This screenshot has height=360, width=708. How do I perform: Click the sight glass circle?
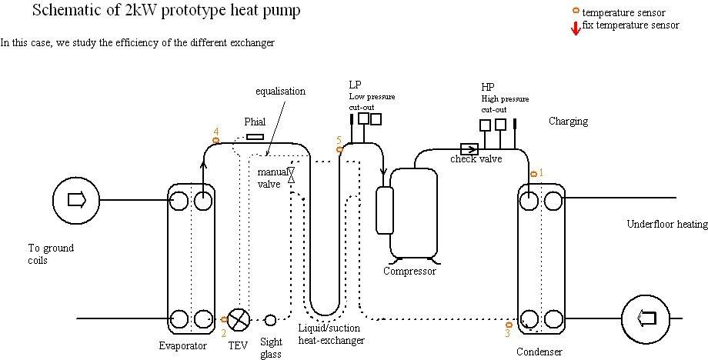pos(271,320)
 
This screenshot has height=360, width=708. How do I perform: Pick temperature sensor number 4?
pos(215,139)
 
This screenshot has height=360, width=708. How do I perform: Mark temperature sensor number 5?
pos(339,148)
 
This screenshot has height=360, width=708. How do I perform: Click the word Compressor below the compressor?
pos(409,271)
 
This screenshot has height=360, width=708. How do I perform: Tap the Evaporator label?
pos(183,346)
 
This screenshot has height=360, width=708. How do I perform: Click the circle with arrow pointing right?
pos(75,200)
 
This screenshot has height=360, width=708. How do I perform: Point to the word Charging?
pos(569,122)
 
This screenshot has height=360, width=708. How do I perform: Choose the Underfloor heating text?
pos(666,225)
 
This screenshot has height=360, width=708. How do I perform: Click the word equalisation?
pos(280,91)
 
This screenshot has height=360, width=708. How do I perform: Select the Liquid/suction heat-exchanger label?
pos(331,335)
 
